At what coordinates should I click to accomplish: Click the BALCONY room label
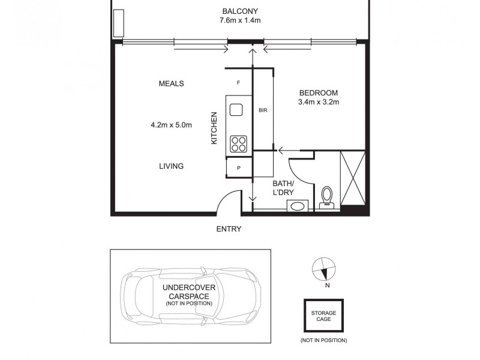pyautogui.click(x=240, y=11)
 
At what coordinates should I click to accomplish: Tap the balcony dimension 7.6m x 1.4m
pyautogui.click(x=240, y=20)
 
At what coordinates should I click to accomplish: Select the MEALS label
pyautogui.click(x=171, y=83)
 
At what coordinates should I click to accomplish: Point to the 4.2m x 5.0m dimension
pyautogui.click(x=171, y=125)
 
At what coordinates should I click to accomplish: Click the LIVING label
pyautogui.click(x=171, y=166)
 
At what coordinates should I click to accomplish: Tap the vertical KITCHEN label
pyautogui.click(x=213, y=128)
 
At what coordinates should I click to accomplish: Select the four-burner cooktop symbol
pyautogui.click(x=238, y=144)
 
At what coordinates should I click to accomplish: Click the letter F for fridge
pyautogui.click(x=238, y=83)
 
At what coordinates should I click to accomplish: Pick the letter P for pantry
pyautogui.click(x=238, y=168)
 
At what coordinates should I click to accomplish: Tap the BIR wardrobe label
pyautogui.click(x=263, y=110)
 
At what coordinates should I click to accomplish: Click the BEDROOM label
pyautogui.click(x=319, y=92)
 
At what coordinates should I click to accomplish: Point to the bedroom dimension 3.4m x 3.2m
pyautogui.click(x=319, y=102)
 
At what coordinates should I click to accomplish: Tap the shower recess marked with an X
pyautogui.click(x=352, y=178)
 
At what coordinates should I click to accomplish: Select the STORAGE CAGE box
pyautogui.click(x=323, y=316)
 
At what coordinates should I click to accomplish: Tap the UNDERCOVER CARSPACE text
pyautogui.click(x=188, y=292)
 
